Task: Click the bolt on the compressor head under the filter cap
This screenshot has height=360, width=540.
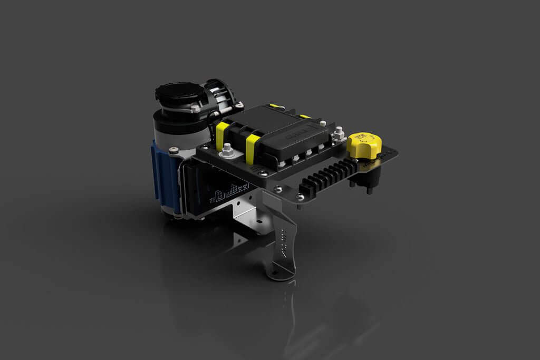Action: (196, 109)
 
